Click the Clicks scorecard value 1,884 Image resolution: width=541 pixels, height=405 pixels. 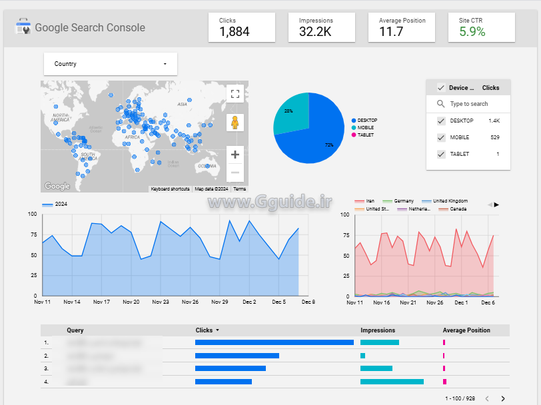click(x=234, y=31)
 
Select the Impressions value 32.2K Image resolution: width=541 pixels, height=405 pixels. click(x=315, y=31)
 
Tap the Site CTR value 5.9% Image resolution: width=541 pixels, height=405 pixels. click(x=472, y=31)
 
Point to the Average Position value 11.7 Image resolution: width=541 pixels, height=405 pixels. click(x=391, y=31)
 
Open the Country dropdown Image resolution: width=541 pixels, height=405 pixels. click(x=111, y=64)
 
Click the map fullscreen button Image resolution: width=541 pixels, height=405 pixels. click(x=235, y=94)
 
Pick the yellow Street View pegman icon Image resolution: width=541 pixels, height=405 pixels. click(x=235, y=123)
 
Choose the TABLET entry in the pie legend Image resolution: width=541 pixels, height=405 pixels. click(x=365, y=135)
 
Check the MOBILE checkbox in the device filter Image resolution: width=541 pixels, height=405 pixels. click(x=441, y=137)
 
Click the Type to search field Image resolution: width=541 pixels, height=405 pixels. click(x=469, y=104)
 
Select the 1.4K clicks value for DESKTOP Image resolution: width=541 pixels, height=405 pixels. click(x=494, y=121)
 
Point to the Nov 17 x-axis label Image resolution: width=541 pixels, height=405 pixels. click(x=101, y=302)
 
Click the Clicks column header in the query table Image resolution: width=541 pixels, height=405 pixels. click(x=204, y=330)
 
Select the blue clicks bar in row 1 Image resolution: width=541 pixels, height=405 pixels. click(x=274, y=342)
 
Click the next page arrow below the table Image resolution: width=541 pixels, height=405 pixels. click(x=503, y=398)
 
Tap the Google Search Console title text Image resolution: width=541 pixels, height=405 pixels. click(x=90, y=28)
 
